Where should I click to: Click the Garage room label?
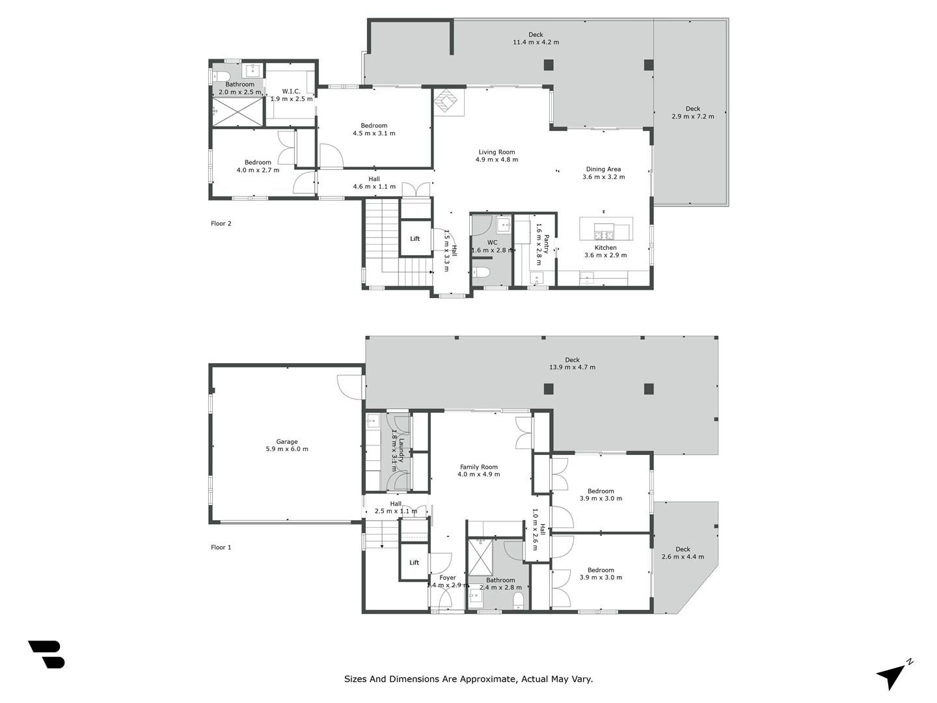coord(286,442)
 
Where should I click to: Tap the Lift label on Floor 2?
coord(414,239)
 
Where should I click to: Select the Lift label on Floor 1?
coord(414,562)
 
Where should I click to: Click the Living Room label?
coord(496,152)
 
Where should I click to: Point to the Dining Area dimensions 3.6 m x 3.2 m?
coord(604,176)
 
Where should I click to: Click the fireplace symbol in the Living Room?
coord(446,101)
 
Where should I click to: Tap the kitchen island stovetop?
coord(604,234)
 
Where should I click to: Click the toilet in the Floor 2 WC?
coord(481,272)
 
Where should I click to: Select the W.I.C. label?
coord(291,91)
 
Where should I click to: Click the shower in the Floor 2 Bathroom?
coord(238,112)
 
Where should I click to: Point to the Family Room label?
coord(478,467)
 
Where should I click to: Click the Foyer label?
coord(448,577)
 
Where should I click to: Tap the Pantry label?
coord(547,243)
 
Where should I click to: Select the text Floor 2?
coord(221,223)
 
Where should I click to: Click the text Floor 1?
coord(221,547)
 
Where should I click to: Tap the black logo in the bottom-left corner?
coord(47,654)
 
